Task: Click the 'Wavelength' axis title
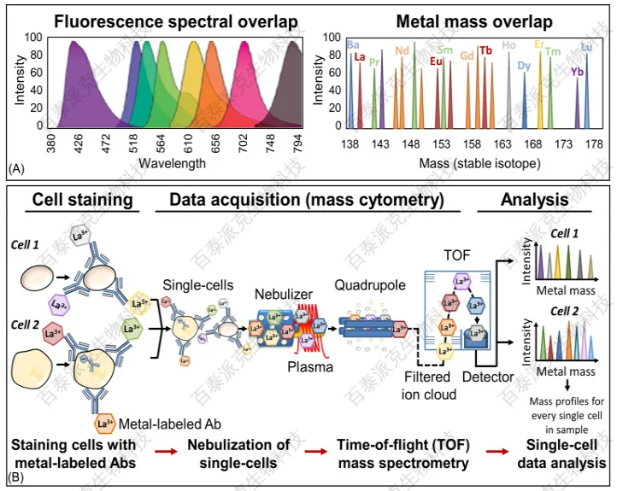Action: tap(173, 162)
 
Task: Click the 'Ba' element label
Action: tap(351, 44)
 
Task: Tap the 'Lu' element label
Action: tap(586, 47)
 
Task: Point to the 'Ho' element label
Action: tap(509, 45)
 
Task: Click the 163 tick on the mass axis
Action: tap(503, 144)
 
